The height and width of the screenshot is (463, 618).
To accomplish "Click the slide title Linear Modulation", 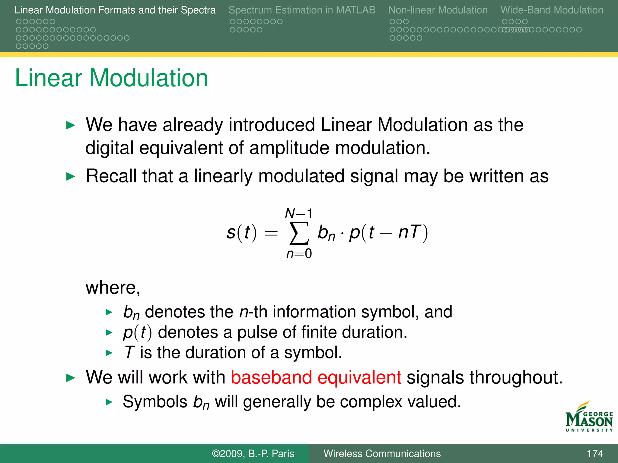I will pos(111,78).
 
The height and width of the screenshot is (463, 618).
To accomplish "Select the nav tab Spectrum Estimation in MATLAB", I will pos(302,10).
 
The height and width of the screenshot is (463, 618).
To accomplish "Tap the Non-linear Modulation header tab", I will pos(438,10).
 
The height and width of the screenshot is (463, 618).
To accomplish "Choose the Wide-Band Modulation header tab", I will pos(552,10).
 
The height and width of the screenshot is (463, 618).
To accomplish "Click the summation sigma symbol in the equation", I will pos(299,234).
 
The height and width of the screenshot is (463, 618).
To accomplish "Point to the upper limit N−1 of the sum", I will pos(298,214).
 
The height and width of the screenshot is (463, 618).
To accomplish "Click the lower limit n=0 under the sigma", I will pos(299,254).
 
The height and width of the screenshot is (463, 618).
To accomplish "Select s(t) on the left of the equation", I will pos(241,232).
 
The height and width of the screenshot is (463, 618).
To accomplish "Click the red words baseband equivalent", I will pos(316,377).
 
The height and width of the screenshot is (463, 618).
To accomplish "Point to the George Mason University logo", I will pos(589,417).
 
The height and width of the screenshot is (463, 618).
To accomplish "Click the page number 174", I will pos(595,454).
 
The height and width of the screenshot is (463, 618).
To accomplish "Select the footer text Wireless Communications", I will pos(382,454).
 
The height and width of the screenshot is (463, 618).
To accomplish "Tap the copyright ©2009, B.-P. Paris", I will pos(253,454).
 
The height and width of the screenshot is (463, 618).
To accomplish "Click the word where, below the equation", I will pos(113,288).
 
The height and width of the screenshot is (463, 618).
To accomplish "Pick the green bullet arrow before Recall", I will pos(70,177).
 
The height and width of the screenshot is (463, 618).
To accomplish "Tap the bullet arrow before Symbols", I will pos(109,402).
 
